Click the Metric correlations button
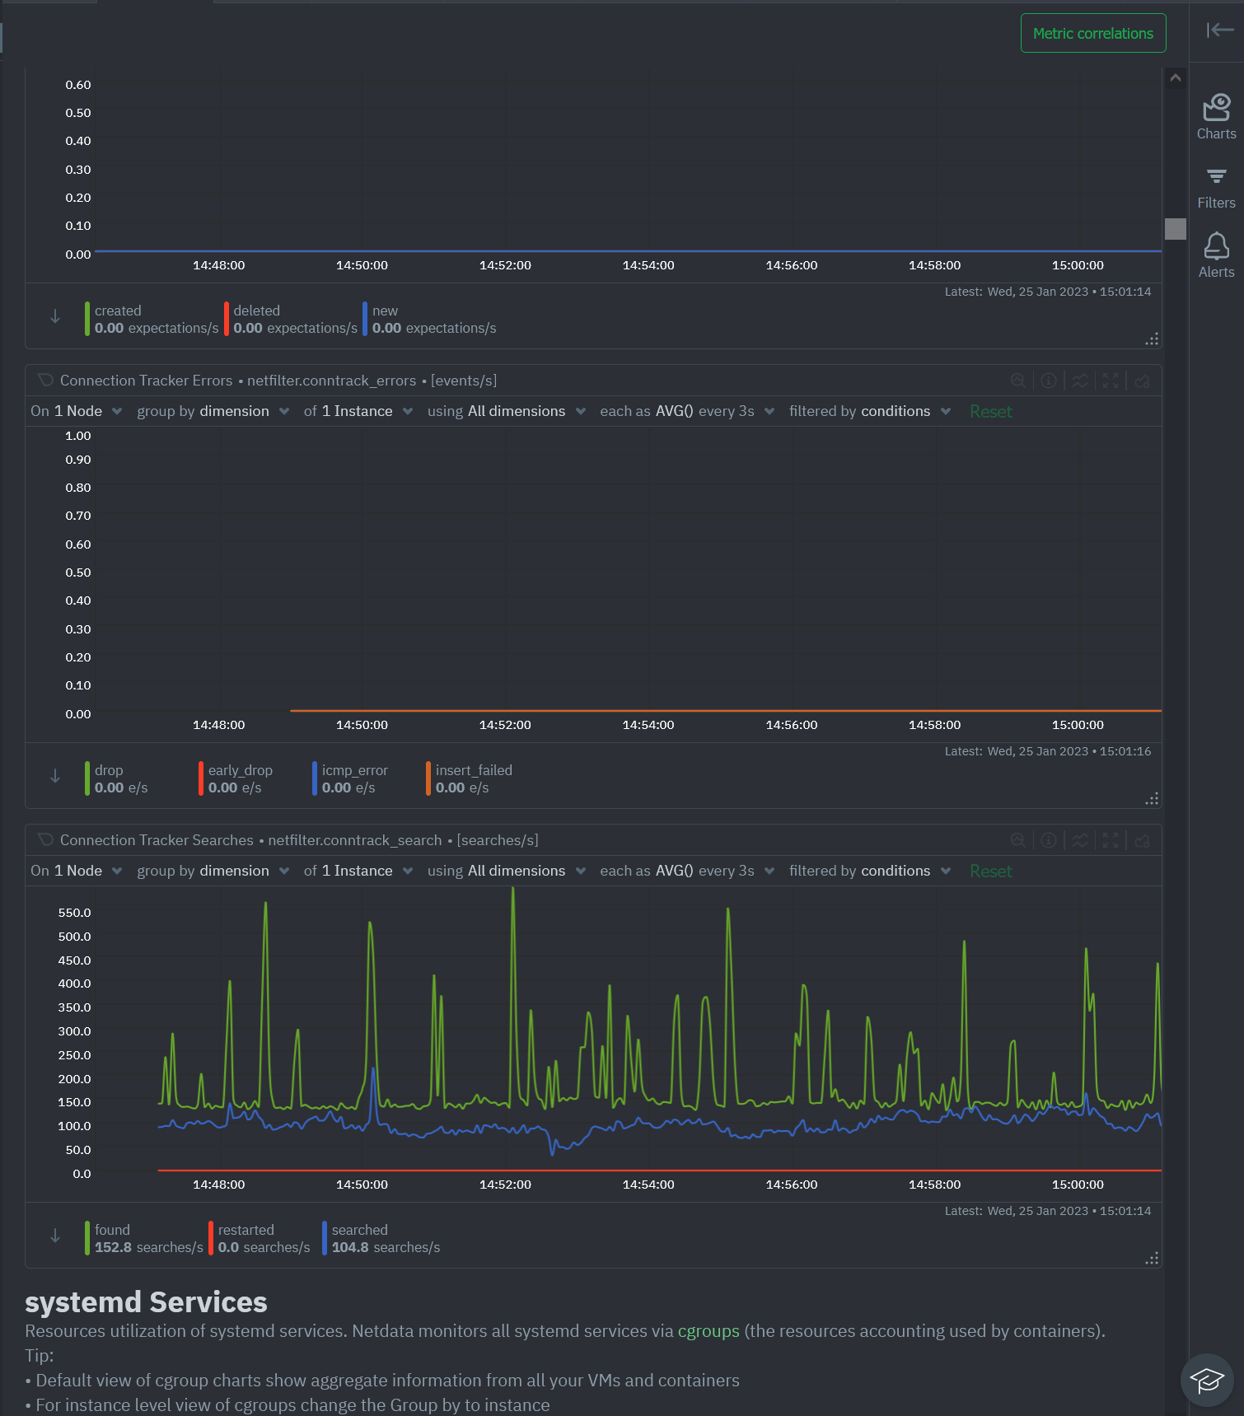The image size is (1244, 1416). (x=1092, y=33)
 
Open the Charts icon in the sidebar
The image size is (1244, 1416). (x=1216, y=116)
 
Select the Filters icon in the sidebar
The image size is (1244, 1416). (x=1216, y=188)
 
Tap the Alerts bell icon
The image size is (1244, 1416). (x=1216, y=255)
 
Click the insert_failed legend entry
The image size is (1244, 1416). (x=473, y=778)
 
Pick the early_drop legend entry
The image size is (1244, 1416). (x=240, y=778)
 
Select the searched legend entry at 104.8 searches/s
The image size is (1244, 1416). (x=385, y=1238)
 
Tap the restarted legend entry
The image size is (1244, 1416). (x=263, y=1238)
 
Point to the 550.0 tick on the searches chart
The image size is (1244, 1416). (x=75, y=913)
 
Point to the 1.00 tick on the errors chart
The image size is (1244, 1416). (x=78, y=436)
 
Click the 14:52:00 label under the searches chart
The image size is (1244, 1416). (x=505, y=1185)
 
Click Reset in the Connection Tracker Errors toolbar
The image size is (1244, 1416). (x=990, y=411)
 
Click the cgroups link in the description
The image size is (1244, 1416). (x=708, y=1331)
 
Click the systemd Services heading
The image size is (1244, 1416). (x=146, y=1302)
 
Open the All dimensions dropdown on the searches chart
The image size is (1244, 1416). (x=526, y=871)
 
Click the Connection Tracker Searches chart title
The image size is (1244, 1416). (x=157, y=840)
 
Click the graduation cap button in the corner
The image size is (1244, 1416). (x=1206, y=1379)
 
